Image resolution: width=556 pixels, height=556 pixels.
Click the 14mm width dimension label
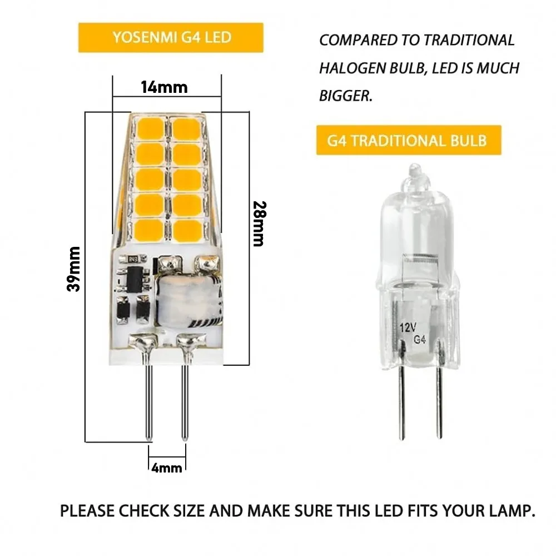tap(164, 87)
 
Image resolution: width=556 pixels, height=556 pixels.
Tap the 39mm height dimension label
tap(73, 269)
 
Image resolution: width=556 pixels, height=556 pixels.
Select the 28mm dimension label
tap(257, 224)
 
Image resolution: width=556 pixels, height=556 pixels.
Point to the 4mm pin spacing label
tap(167, 468)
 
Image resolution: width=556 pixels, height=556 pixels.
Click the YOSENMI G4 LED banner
tap(171, 38)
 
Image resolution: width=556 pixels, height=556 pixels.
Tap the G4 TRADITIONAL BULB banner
tap(408, 140)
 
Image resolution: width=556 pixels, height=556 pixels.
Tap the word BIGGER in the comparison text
tap(345, 96)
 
